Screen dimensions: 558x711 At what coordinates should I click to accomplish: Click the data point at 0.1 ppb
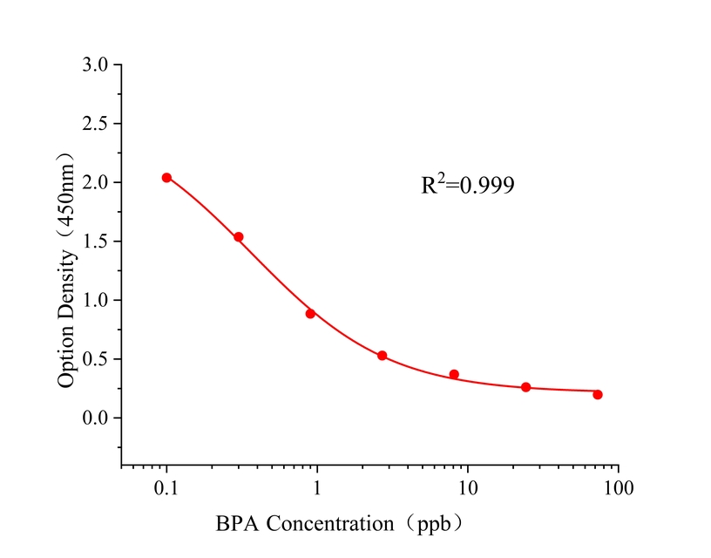click(166, 178)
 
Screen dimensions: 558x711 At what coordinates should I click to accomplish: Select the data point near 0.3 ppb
click(238, 237)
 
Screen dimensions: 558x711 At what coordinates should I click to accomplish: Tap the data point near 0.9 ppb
click(310, 314)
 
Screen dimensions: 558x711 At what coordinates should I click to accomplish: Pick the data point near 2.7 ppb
click(382, 356)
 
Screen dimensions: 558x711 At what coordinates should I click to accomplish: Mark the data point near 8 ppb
click(454, 374)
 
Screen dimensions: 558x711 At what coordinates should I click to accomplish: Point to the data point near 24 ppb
click(525, 387)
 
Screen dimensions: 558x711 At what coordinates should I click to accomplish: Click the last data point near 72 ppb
click(598, 395)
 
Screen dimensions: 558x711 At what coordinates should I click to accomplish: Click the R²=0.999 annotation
click(468, 185)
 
